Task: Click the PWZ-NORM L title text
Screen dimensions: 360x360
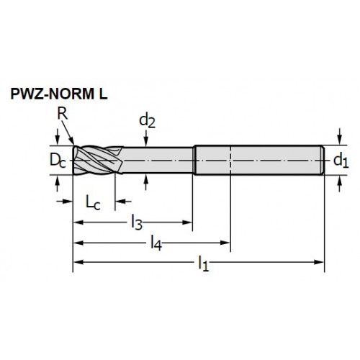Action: [59, 94]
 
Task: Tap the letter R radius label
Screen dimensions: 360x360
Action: [63, 114]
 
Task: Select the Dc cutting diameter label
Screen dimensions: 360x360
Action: [58, 161]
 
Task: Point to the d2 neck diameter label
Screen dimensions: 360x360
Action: [147, 121]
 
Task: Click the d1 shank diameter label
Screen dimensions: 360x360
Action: [341, 161]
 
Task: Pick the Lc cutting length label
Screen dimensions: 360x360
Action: [93, 203]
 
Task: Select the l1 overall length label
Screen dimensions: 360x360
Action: [203, 264]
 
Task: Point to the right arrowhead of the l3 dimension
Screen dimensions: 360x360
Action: [187, 222]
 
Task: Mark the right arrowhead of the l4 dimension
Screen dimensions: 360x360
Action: [225, 243]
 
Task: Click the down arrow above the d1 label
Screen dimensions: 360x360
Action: [339, 137]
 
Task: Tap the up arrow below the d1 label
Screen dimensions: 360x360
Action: [339, 184]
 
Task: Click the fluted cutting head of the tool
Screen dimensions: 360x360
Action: [98, 160]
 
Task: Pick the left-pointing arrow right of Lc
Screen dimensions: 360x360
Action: [123, 201]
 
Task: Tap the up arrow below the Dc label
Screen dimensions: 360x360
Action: [57, 184]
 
